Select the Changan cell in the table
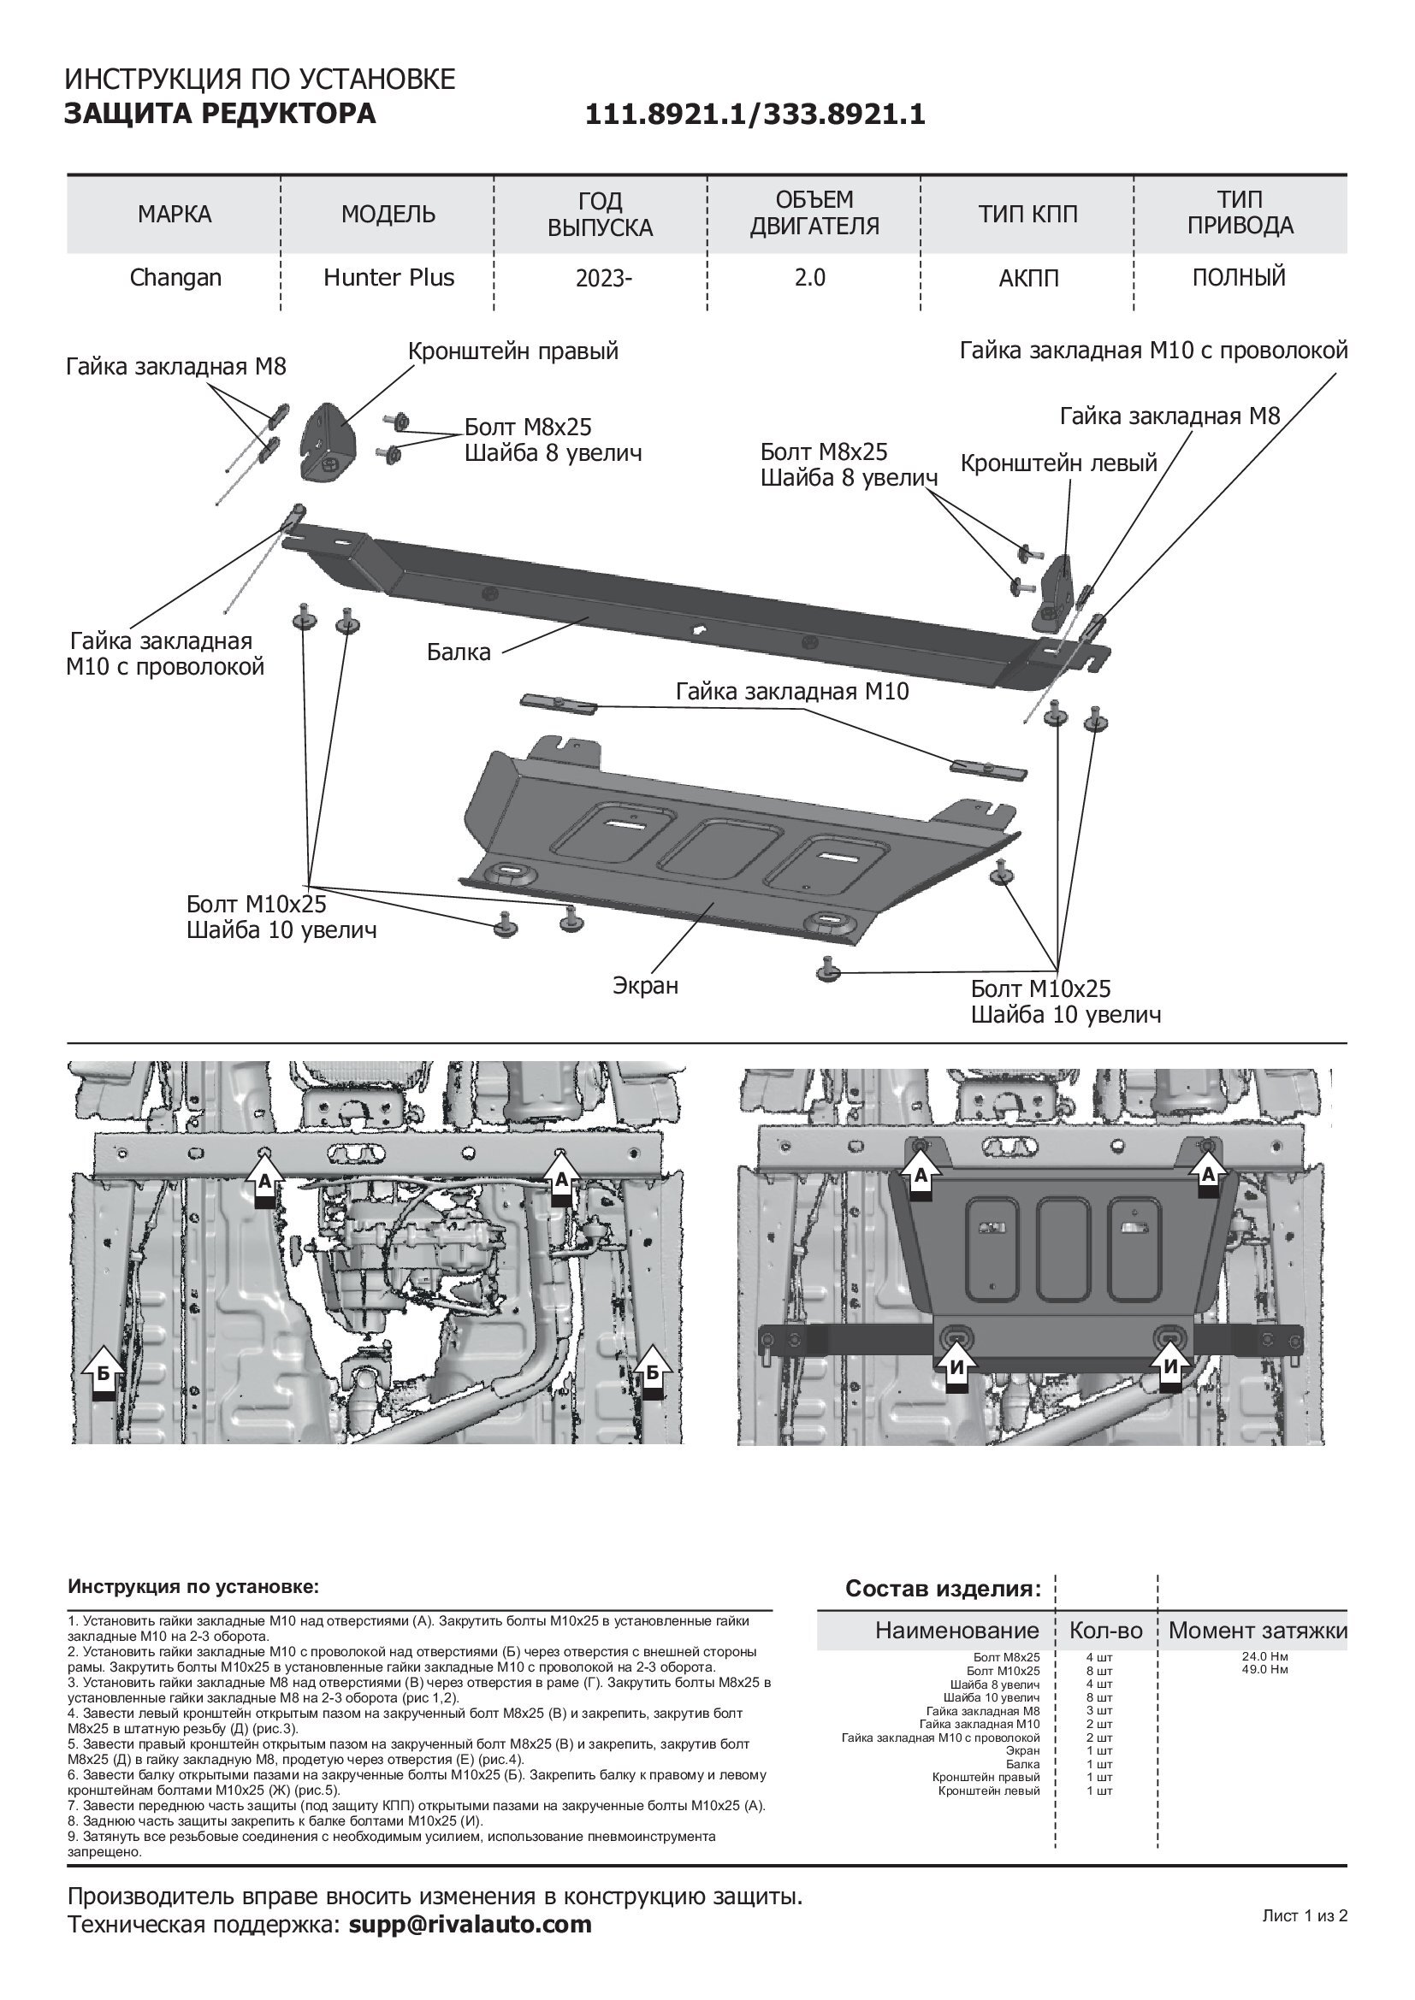(x=175, y=278)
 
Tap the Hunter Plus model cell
(x=388, y=278)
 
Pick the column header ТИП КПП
(x=1027, y=214)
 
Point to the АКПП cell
(x=1028, y=279)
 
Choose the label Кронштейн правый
(x=513, y=351)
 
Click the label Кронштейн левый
(x=1058, y=463)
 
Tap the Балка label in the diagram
(x=459, y=652)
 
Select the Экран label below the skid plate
(x=645, y=985)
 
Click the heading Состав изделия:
(x=943, y=1589)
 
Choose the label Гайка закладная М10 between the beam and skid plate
(x=792, y=692)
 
